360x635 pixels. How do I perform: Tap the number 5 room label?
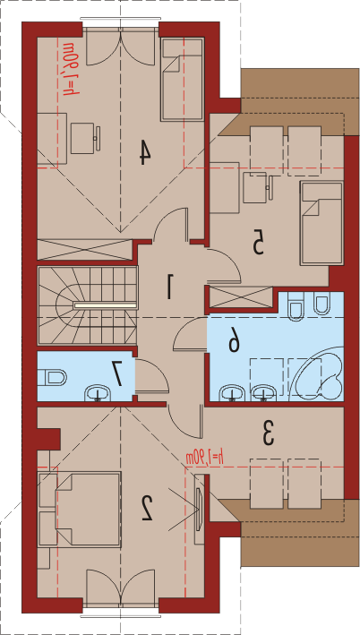[x=258, y=242]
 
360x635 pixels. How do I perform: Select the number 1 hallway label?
[x=170, y=287]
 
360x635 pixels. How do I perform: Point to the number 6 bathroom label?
[x=234, y=344]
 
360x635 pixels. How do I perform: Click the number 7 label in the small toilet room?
[x=118, y=373]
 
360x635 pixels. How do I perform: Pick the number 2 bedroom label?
[x=147, y=508]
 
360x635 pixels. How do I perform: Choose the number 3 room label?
[x=268, y=433]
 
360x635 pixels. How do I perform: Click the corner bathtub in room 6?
[x=319, y=373]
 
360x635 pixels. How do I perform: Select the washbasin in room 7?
[x=98, y=393]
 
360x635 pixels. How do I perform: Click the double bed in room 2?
[x=80, y=510]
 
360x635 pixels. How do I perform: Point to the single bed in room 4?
[x=182, y=80]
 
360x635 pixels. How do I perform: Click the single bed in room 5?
[x=321, y=224]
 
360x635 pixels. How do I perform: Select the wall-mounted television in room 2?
[x=199, y=509]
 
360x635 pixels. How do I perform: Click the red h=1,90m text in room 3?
[x=205, y=459]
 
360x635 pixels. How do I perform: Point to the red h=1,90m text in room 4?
[x=69, y=69]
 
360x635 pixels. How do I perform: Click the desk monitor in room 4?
[x=98, y=139]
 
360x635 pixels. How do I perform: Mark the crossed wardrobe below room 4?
[x=85, y=250]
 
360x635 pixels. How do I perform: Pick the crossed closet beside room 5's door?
[x=242, y=296]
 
